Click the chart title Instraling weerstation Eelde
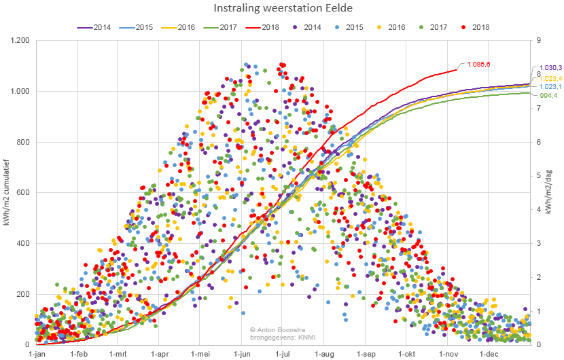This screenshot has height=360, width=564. click(283, 9)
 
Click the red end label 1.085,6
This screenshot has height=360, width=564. click(478, 64)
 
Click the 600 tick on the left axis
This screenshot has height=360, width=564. click(23, 193)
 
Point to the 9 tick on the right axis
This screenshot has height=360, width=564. click(538, 41)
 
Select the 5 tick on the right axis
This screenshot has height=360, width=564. click(538, 176)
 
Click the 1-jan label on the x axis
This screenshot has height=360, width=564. click(37, 354)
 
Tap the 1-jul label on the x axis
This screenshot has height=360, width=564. click(283, 354)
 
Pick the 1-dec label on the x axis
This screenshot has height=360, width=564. click(489, 354)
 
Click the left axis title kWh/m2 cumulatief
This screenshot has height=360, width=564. click(6, 193)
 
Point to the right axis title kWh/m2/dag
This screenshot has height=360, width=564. click(556, 193)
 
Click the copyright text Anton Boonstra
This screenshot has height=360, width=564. click(277, 329)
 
